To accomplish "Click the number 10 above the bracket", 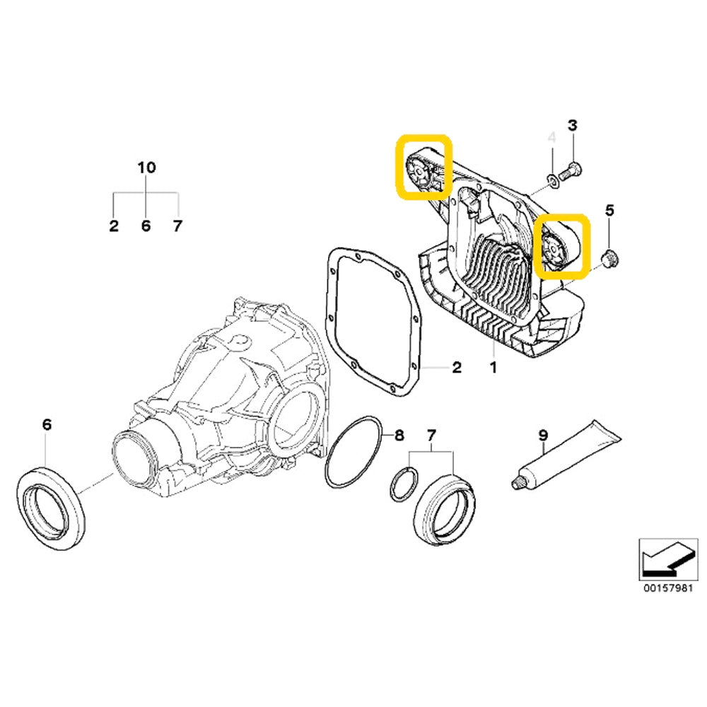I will click(x=146, y=168).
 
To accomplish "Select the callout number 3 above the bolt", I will click(x=573, y=125).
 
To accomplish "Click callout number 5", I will click(x=610, y=210).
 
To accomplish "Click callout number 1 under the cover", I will click(x=493, y=368).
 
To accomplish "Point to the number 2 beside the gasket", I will click(x=457, y=368).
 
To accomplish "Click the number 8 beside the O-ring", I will click(x=399, y=436).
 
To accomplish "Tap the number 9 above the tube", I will click(x=543, y=436).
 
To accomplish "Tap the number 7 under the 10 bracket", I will click(x=177, y=226).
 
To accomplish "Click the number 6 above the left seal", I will click(x=47, y=425).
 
